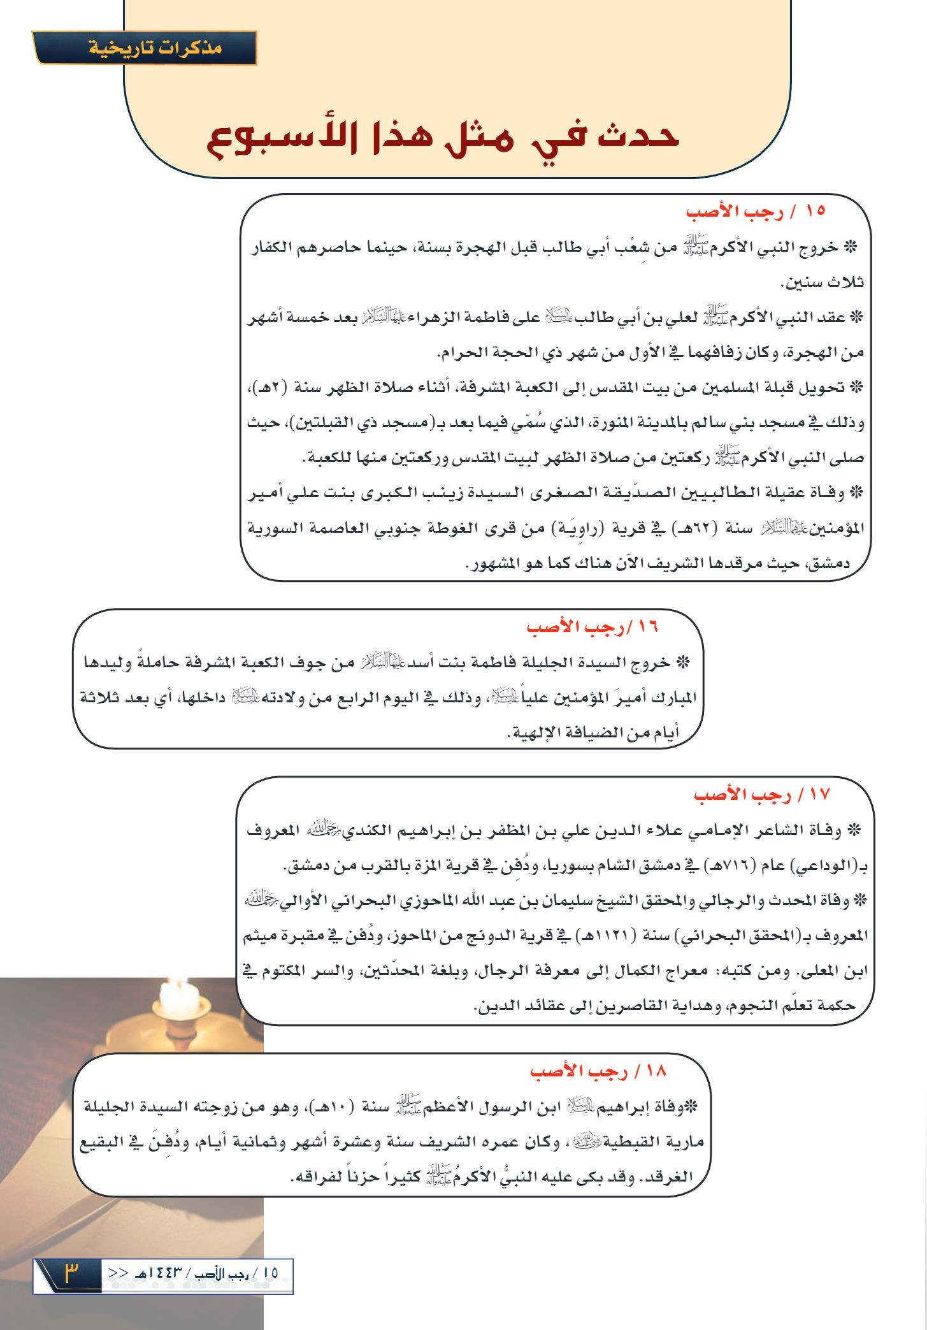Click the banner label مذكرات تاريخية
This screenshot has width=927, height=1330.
pyautogui.click(x=155, y=48)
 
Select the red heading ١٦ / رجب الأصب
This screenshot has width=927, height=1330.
pyautogui.click(x=593, y=627)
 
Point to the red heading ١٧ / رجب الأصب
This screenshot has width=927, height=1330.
pyautogui.click(x=762, y=795)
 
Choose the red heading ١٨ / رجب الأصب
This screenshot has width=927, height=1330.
pyautogui.click(x=598, y=1071)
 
